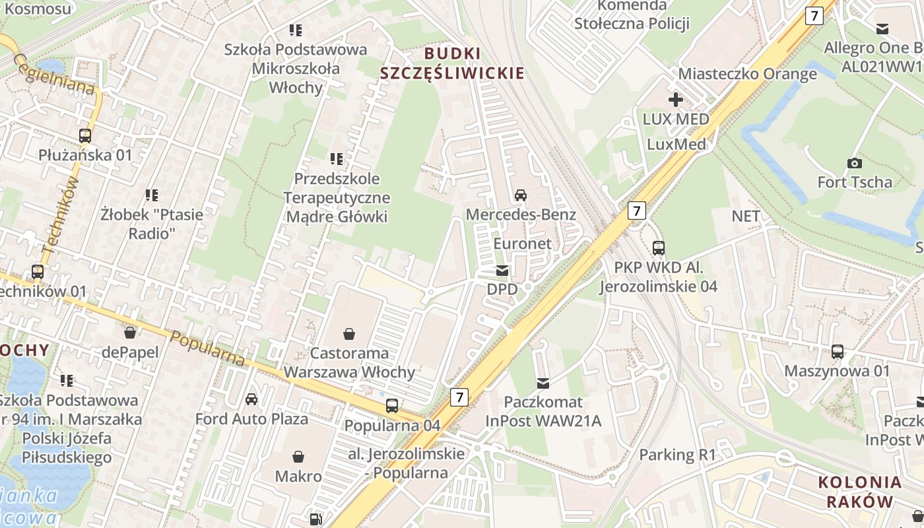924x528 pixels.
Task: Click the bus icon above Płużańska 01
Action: (x=85, y=136)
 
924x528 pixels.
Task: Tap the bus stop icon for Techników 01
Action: (x=38, y=272)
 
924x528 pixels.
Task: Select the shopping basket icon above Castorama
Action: (x=348, y=335)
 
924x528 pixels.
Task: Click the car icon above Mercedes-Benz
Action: (x=521, y=195)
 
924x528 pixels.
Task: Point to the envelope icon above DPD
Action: (x=502, y=270)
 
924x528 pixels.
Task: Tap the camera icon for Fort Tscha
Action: (x=855, y=163)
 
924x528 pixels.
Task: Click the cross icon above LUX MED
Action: (x=675, y=100)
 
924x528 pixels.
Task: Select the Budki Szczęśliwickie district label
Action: (x=452, y=63)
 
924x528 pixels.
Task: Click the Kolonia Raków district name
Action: (x=860, y=491)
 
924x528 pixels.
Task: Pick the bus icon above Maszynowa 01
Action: (x=838, y=352)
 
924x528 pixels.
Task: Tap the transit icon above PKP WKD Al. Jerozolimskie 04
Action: (x=658, y=248)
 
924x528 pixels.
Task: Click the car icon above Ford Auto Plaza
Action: (x=251, y=399)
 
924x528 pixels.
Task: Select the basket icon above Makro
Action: (x=298, y=457)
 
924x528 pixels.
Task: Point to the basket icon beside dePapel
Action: (x=130, y=332)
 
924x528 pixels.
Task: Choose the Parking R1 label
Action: (x=677, y=455)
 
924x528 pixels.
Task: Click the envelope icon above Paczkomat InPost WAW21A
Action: (x=543, y=383)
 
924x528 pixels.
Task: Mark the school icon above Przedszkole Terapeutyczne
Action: (x=337, y=159)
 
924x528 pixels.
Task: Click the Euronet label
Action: (x=523, y=244)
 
